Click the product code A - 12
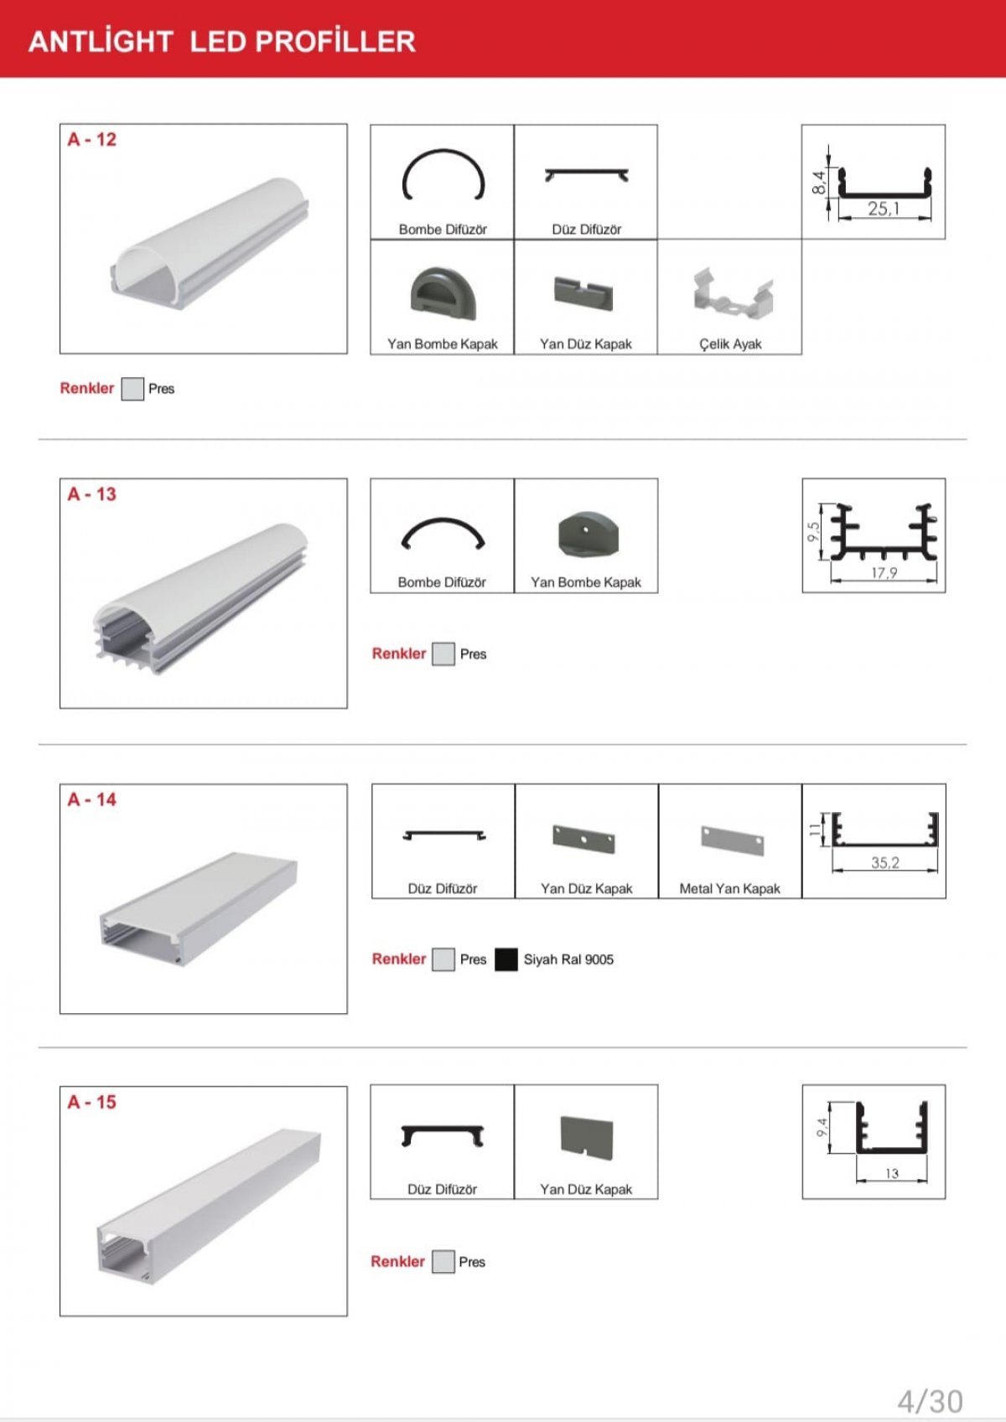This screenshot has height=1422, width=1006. click(92, 140)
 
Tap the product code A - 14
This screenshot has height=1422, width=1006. click(92, 799)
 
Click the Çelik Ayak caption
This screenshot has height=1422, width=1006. click(730, 344)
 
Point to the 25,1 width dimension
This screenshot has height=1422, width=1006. click(884, 208)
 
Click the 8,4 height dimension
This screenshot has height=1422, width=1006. click(819, 182)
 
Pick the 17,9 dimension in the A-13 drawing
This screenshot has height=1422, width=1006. click(884, 572)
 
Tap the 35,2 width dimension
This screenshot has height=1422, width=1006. click(885, 862)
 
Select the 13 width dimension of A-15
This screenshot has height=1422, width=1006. click(892, 1173)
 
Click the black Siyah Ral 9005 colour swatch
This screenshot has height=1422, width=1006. click(506, 959)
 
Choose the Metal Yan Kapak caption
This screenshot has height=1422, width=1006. click(729, 889)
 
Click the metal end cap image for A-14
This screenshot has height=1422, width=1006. click(732, 840)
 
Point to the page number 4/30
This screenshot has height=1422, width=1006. click(930, 1401)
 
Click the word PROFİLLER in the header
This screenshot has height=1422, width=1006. click(335, 41)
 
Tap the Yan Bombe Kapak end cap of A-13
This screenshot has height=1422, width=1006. click(588, 534)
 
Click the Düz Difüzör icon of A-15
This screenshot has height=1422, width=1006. click(443, 1135)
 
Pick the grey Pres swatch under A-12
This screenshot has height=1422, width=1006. click(132, 389)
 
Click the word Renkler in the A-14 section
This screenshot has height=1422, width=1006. click(399, 959)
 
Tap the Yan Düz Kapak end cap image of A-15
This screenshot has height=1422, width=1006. click(587, 1137)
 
